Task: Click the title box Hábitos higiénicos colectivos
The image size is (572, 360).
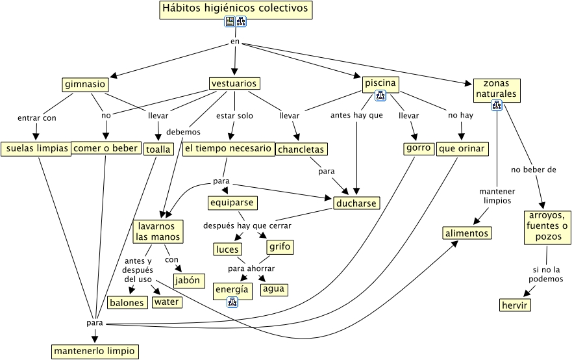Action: [236, 10]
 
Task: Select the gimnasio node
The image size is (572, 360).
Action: [85, 84]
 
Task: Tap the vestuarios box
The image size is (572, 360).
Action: [234, 84]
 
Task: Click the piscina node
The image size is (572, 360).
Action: [380, 84]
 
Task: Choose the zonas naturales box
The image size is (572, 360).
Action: [496, 90]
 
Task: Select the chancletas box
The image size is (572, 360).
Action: [301, 149]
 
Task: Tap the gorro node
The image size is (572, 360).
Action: [418, 148]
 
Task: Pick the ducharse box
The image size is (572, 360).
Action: [356, 203]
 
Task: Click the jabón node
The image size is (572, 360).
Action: [189, 281]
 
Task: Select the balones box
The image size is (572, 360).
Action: [127, 303]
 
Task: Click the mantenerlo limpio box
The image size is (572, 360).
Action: [95, 352]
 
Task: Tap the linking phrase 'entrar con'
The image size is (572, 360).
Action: [37, 118]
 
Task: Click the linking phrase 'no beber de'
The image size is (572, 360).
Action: [534, 170]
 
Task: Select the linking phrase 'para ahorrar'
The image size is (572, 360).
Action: [251, 268]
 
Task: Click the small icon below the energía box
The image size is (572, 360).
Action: [232, 302]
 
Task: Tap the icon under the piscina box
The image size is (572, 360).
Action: [380, 96]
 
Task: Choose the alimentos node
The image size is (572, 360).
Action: [467, 233]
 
